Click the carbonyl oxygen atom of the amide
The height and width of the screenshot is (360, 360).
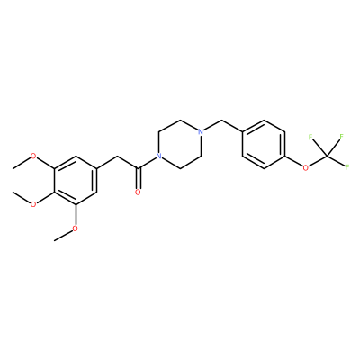(x=138, y=193)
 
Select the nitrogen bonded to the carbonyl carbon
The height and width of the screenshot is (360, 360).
(x=159, y=157)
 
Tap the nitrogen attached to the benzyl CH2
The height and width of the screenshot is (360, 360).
(x=201, y=131)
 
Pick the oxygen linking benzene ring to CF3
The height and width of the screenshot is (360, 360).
(x=305, y=168)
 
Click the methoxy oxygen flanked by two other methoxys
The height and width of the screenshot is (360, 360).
(x=33, y=204)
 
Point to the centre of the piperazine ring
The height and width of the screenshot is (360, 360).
(x=180, y=144)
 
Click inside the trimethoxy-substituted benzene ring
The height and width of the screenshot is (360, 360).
(x=76, y=180)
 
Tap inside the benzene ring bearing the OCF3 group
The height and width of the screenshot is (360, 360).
(x=264, y=144)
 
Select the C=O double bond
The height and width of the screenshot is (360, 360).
(x=138, y=179)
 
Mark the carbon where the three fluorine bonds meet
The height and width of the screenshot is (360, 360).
(x=327, y=156)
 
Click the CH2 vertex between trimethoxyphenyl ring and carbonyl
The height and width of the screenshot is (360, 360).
(x=117, y=157)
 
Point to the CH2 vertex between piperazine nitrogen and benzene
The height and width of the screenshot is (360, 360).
(x=221, y=120)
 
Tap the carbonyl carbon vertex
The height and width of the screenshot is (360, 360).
(x=138, y=168)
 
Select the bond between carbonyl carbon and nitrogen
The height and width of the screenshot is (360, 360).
(x=147, y=163)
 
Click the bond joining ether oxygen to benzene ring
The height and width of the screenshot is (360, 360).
(x=293, y=161)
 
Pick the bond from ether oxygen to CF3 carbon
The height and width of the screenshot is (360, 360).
(x=318, y=161)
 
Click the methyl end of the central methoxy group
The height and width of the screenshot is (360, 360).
(x=13, y=193)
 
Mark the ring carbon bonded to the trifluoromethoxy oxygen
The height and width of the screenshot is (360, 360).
(x=284, y=157)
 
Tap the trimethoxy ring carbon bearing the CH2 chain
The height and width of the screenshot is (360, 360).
(x=96, y=168)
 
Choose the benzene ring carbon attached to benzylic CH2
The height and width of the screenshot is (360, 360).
(x=242, y=132)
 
